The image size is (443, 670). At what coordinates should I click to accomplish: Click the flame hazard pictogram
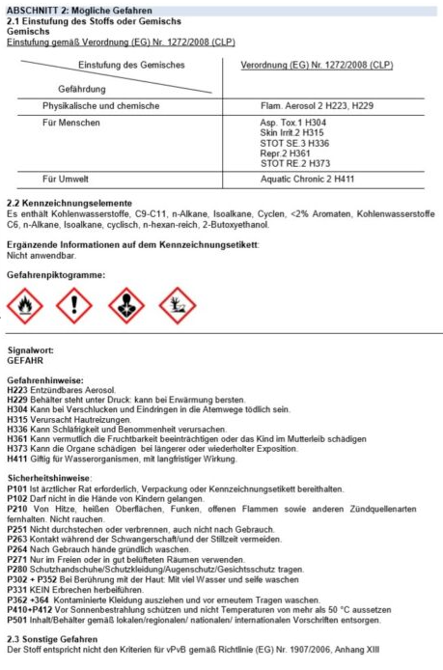pyautogui.click(x=20, y=308)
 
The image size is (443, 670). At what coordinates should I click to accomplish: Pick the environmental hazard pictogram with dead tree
pyautogui.click(x=177, y=308)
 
